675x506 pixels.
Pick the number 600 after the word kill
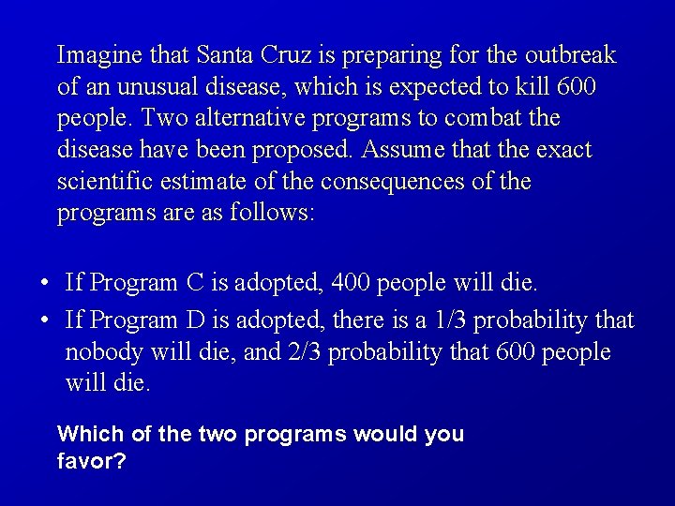click(577, 88)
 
